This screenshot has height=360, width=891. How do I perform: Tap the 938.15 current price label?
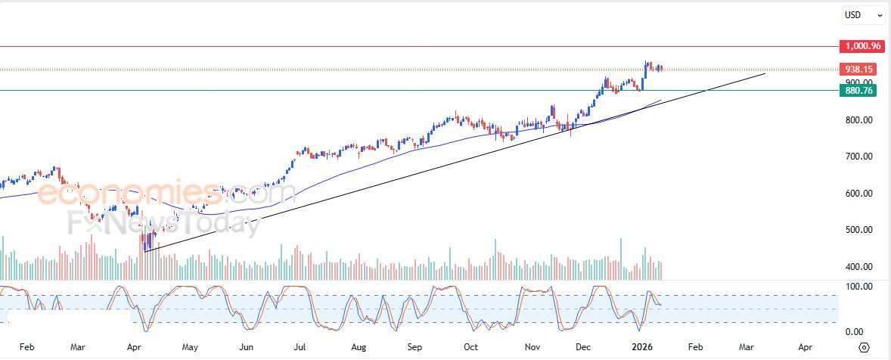click(861, 70)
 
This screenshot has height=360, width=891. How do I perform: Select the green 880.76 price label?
click(861, 91)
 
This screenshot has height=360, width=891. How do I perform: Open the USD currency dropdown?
click(863, 14)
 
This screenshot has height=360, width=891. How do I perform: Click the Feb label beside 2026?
click(695, 347)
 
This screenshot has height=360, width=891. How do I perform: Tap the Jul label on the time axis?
click(300, 347)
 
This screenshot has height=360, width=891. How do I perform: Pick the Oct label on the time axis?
click(470, 347)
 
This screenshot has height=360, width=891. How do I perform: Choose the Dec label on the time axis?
click(583, 347)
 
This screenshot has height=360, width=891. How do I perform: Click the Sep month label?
click(414, 347)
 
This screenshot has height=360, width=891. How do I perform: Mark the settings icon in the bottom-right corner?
click(865, 347)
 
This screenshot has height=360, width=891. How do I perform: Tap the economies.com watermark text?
click(166, 195)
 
